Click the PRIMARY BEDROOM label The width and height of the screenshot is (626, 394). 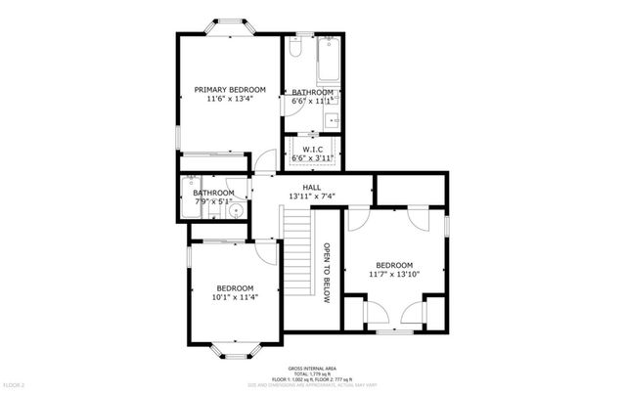tap(229, 89)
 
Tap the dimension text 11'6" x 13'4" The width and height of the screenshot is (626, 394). tap(229, 99)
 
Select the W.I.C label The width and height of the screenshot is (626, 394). tap(312, 149)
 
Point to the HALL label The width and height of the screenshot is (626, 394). tap(312, 187)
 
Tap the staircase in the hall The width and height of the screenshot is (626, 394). tap(297, 259)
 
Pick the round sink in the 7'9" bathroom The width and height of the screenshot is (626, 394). tap(235, 210)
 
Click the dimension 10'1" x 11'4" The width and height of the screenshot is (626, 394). tap(235, 298)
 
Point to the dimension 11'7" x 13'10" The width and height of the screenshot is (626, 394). tap(394, 276)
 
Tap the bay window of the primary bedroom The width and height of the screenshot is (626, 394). tap(231, 23)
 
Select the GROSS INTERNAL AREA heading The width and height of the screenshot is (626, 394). tap(312, 363)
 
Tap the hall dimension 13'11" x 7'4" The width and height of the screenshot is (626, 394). tap(312, 197)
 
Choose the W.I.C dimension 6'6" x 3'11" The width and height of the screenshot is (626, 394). tap(312, 157)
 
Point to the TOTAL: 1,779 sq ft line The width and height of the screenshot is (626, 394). tap(312, 369)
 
